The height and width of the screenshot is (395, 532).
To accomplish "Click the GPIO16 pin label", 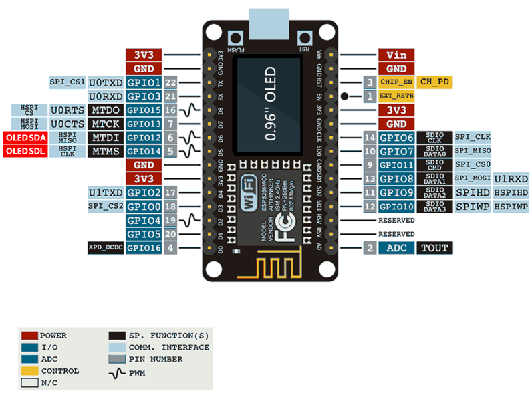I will coord(144,248).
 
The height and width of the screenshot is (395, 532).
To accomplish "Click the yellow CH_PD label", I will coord(434,82).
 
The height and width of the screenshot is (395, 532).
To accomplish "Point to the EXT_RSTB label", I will coord(396,96).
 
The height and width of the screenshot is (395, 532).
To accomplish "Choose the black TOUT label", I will coord(434,248).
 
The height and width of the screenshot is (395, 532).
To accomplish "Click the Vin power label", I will coord(396,55).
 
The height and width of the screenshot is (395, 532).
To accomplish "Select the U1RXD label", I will coord(512,179).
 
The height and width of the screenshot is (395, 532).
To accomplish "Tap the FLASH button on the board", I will coord(235,38).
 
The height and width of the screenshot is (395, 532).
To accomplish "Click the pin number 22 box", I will coord(171,83).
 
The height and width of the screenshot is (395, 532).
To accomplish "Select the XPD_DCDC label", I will coord(105,248).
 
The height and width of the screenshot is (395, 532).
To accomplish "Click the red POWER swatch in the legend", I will coord(29,335).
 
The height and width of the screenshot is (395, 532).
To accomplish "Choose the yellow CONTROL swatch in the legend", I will coord(29,370).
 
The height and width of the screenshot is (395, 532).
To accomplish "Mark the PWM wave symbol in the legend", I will coord(116,372).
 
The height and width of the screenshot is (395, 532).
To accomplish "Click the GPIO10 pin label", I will coord(396,207).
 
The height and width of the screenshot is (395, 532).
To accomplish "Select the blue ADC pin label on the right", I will coord(396,248).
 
